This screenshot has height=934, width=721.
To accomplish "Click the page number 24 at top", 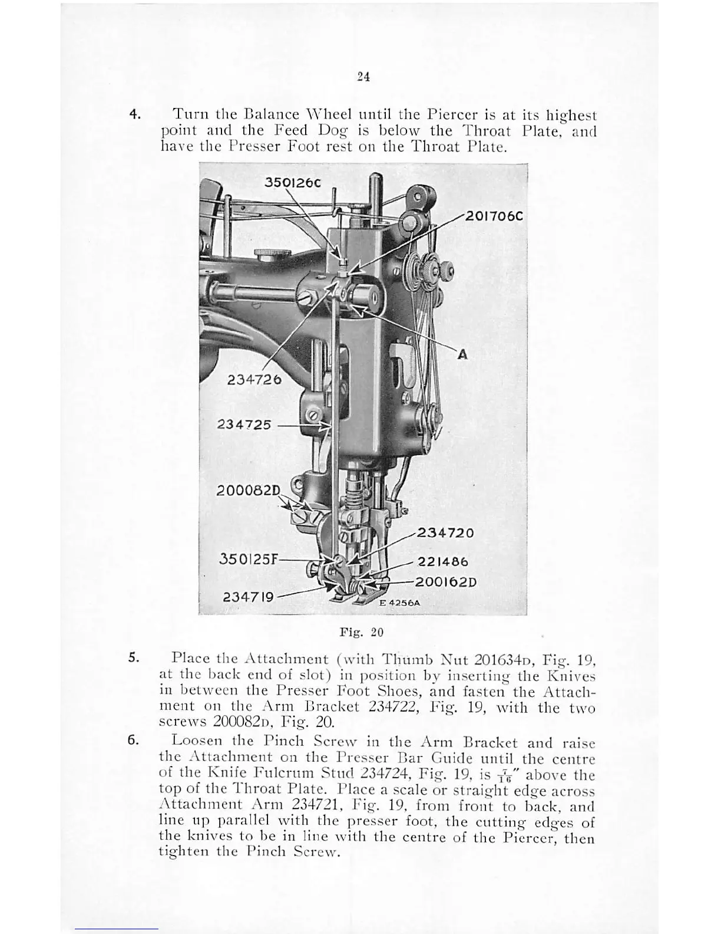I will point(363,76).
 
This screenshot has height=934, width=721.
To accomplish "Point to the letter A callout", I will point(462,354).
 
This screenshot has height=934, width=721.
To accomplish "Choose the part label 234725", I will point(244,425).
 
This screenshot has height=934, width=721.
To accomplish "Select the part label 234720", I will point(445,533).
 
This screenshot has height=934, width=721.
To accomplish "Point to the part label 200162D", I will point(445,583).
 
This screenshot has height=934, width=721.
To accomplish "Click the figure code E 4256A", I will point(399,603).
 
